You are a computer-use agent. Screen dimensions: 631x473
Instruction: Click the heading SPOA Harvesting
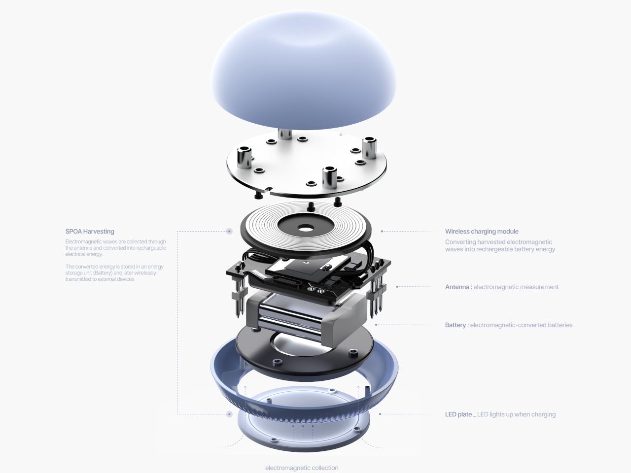(90, 232)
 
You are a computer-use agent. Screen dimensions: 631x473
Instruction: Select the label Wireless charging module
(482, 232)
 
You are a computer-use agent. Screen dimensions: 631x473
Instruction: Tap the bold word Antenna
(457, 287)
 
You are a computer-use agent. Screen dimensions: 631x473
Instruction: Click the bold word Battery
(456, 325)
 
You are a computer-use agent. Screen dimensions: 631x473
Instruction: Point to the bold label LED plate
(458, 414)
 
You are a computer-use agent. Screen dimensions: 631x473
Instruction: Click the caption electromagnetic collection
(302, 468)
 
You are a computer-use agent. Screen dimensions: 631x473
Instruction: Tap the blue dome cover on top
(303, 70)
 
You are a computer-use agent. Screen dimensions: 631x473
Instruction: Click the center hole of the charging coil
(307, 229)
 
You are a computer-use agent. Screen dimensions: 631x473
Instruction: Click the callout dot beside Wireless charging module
(382, 231)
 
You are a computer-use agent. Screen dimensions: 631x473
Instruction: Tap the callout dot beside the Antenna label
(397, 287)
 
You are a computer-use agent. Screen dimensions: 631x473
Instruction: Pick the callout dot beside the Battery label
(376, 325)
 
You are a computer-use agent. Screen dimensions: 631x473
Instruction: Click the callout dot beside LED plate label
(380, 414)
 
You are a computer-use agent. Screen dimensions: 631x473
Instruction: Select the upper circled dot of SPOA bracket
(229, 231)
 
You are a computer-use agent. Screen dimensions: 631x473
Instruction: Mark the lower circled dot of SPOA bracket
(229, 414)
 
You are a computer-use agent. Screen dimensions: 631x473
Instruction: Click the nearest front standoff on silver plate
(329, 177)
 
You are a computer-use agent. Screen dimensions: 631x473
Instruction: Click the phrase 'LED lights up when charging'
(516, 414)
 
